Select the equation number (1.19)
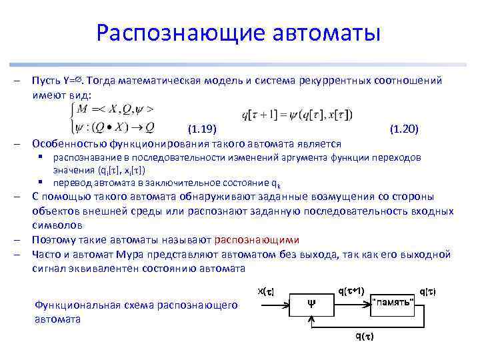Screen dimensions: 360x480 coord(201,128)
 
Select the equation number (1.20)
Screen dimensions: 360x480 coord(403,128)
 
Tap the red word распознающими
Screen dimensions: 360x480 coord(257,239)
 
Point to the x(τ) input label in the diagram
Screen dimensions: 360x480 coord(265,291)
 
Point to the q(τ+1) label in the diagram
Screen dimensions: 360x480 coord(351,291)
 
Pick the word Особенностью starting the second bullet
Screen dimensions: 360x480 coord(64,143)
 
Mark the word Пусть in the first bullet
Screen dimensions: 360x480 coord(45,81)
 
